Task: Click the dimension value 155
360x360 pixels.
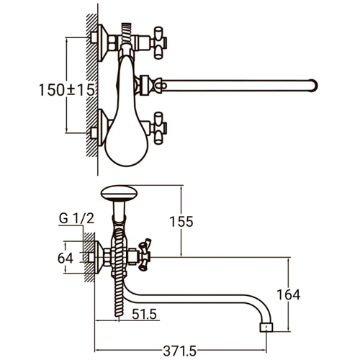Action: (x=184, y=222)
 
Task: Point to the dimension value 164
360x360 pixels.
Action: (x=288, y=294)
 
